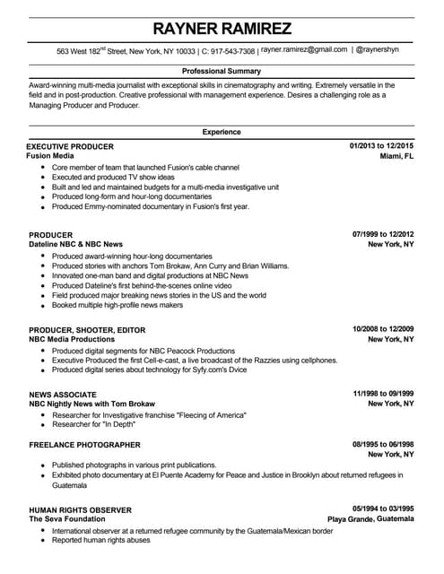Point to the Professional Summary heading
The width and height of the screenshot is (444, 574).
pyautogui.click(x=222, y=71)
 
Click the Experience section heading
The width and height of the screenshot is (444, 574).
pyautogui.click(x=222, y=132)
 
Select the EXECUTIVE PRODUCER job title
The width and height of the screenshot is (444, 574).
pyautogui.click(x=71, y=145)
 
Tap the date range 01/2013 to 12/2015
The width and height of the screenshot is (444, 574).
pyautogui.click(x=380, y=145)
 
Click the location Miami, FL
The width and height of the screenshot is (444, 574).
pyautogui.click(x=396, y=156)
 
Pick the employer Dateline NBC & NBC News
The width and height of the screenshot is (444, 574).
pyautogui.click(x=75, y=244)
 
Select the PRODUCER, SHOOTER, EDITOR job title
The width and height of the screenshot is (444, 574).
pyautogui.click(x=86, y=329)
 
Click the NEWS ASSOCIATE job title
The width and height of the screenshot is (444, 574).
pyautogui.click(x=62, y=394)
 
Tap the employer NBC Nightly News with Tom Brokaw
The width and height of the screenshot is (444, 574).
pyautogui.click(x=91, y=404)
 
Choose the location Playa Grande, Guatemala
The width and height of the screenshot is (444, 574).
pyautogui.click(x=370, y=519)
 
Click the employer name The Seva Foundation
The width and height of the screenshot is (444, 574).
pyautogui.click(x=66, y=519)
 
